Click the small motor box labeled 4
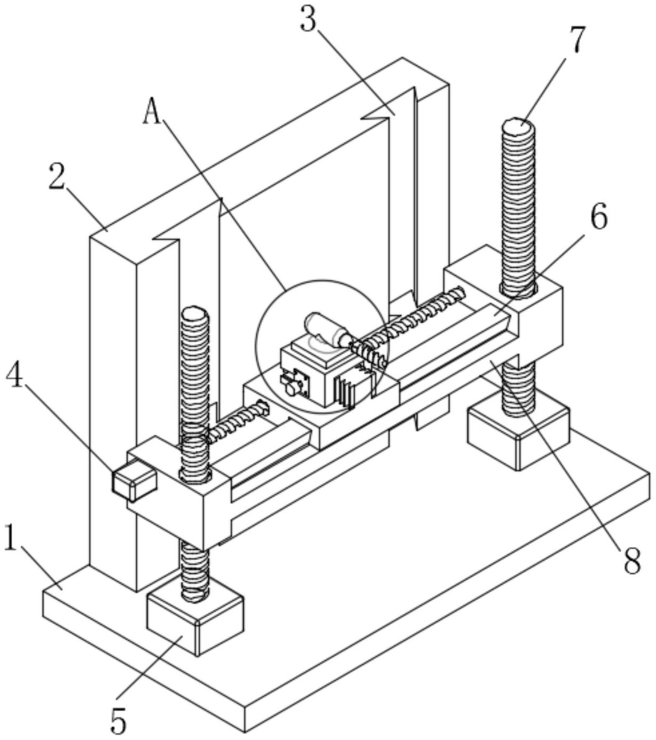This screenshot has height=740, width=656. point(134,481)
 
